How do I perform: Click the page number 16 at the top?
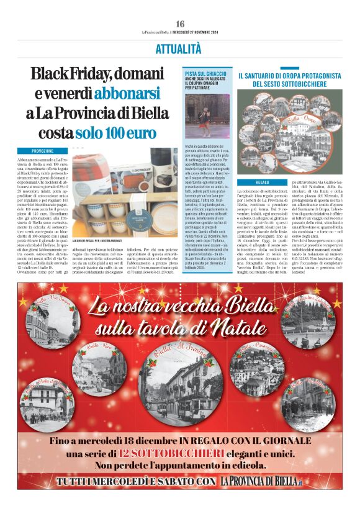click(x=180, y=24)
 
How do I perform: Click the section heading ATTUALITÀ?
click(x=180, y=49)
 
